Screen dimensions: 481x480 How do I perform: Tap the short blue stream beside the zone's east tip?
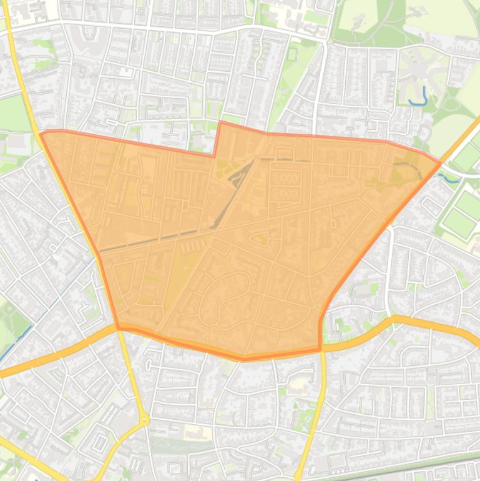click(x=451, y=179)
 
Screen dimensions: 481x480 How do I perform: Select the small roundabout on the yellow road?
click(x=145, y=420)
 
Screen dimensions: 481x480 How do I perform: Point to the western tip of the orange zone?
click(x=41, y=133)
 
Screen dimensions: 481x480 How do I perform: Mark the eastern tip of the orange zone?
click(x=441, y=163)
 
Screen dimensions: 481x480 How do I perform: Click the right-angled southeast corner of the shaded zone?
click(x=320, y=349)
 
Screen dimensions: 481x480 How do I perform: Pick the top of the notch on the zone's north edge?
click(x=220, y=122)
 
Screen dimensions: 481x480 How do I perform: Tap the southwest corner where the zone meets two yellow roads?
click(x=118, y=326)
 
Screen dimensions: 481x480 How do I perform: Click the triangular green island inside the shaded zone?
click(x=260, y=237)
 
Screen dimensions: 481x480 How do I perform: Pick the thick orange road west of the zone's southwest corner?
click(x=56, y=356)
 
